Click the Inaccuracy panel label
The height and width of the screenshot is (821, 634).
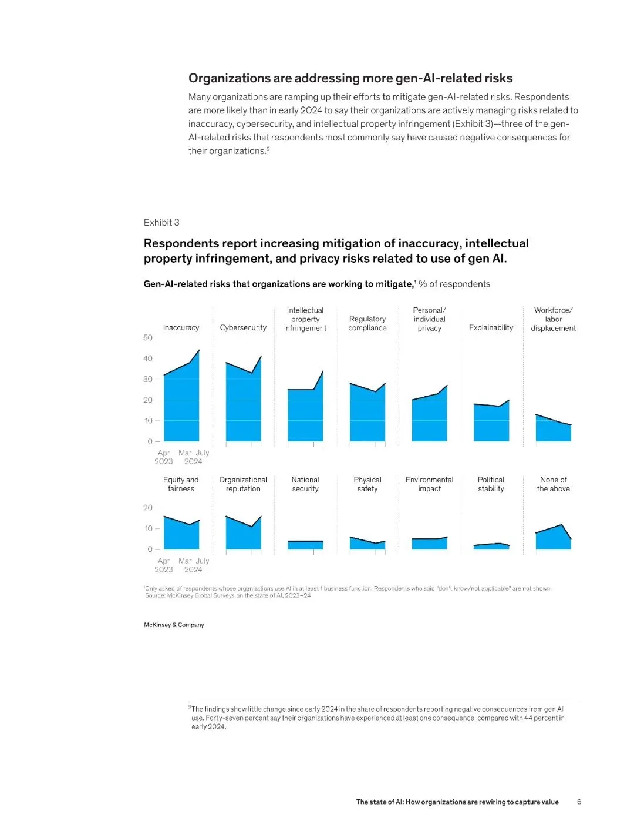click(x=181, y=328)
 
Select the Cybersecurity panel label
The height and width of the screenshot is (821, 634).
click(x=243, y=328)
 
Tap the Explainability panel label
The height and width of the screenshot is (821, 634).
click(x=491, y=328)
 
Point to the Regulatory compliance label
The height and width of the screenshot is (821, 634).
click(x=367, y=323)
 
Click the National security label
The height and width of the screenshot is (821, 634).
click(x=305, y=484)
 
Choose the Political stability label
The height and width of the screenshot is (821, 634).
click(x=491, y=484)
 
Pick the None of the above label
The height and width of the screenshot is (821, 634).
click(x=553, y=484)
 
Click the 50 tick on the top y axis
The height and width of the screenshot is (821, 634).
click(x=148, y=338)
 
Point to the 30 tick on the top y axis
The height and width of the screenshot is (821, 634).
click(x=148, y=379)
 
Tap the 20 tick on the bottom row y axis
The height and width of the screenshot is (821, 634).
click(x=148, y=508)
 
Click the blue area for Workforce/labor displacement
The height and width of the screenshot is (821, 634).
click(x=552, y=430)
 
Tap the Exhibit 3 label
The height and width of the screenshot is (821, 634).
click(x=161, y=222)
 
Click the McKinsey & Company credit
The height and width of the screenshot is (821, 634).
click(x=174, y=625)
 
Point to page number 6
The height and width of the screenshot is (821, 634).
click(x=579, y=802)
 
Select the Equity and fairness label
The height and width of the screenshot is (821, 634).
click(x=181, y=484)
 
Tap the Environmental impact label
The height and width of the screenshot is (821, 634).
click(x=429, y=484)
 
